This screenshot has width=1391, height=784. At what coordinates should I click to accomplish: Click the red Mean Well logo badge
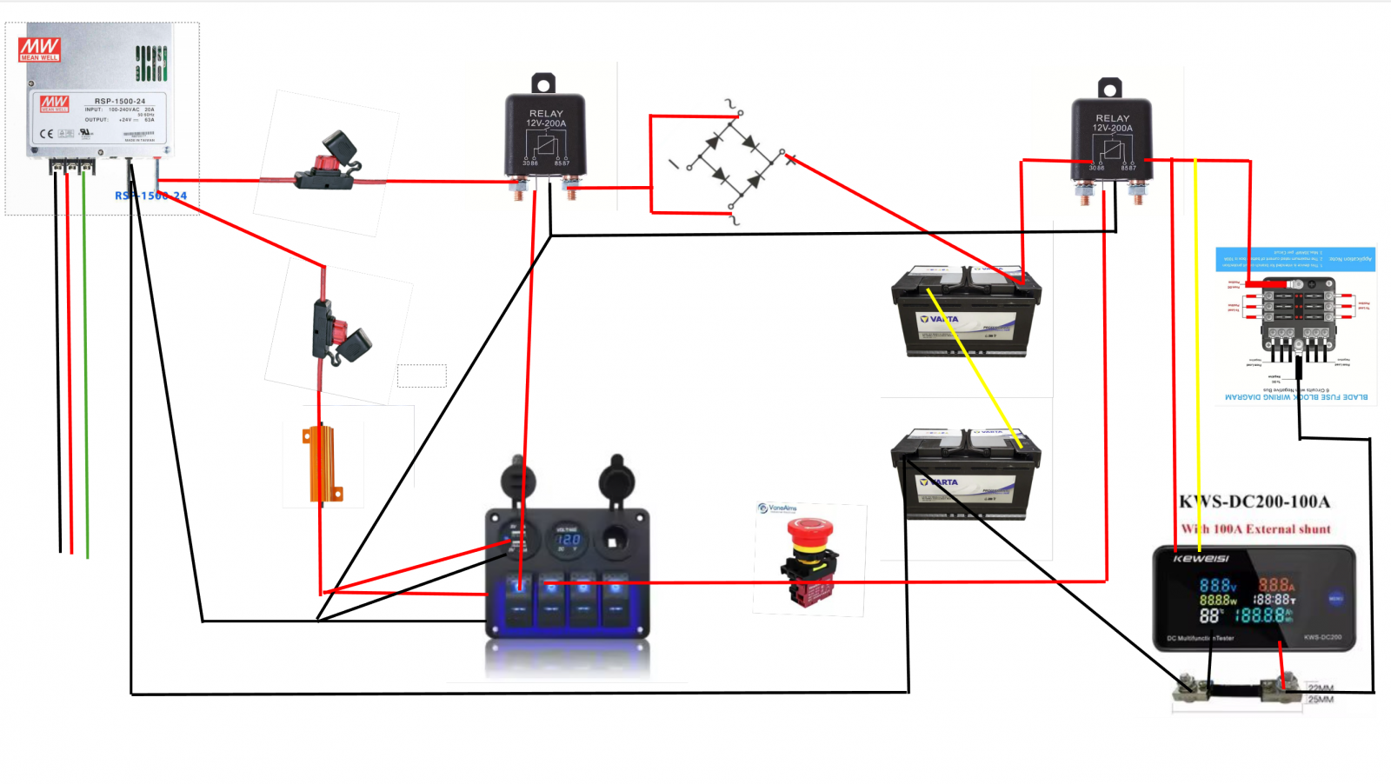(x=39, y=50)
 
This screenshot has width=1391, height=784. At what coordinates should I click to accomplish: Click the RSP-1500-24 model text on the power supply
(x=120, y=101)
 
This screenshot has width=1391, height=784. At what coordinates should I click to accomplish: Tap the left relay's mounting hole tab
(x=543, y=83)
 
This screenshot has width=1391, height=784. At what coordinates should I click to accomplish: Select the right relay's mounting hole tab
(x=1109, y=88)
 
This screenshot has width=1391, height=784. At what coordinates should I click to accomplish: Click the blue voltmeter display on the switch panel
(x=567, y=540)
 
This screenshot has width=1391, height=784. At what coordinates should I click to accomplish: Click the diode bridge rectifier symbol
(x=735, y=162)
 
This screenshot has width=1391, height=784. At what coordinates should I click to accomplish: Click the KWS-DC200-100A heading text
(x=1254, y=502)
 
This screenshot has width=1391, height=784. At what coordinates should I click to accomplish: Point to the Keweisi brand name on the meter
(x=1201, y=558)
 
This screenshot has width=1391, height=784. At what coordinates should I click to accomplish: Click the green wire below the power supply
(x=85, y=365)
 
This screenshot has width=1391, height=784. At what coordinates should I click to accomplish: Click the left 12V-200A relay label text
(x=546, y=123)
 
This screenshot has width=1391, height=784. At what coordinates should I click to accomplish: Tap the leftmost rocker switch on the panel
(x=519, y=598)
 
